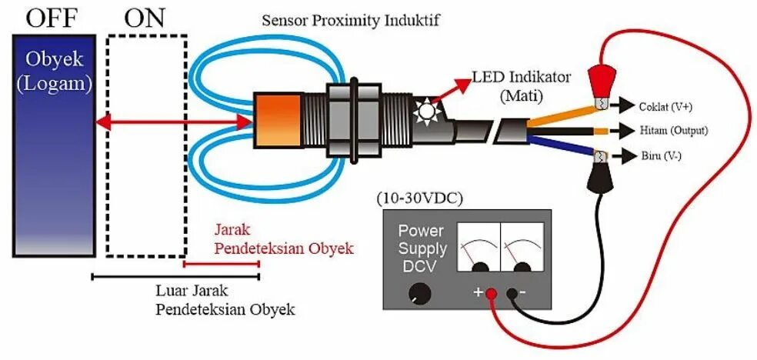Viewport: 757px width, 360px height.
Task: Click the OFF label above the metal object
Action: (x=50, y=17)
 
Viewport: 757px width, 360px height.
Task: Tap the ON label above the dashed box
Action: (x=145, y=17)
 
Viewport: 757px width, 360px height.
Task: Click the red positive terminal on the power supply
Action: (x=490, y=292)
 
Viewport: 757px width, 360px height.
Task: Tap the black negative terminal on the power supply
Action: (x=510, y=292)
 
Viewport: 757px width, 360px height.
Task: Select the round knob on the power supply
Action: (x=420, y=292)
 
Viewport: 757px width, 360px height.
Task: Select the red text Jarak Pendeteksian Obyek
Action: (x=282, y=239)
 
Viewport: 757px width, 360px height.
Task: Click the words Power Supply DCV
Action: (x=422, y=248)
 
